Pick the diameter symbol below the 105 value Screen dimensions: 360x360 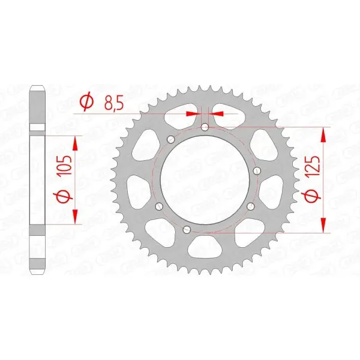click(x=67, y=196)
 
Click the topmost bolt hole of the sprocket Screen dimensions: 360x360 click(x=205, y=127)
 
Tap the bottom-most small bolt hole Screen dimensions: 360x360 click(x=185, y=229)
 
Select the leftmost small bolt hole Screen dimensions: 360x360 click(x=159, y=207)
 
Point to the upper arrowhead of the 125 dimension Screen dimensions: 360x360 click(x=325, y=133)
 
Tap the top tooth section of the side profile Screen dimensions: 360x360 click(x=39, y=99)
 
